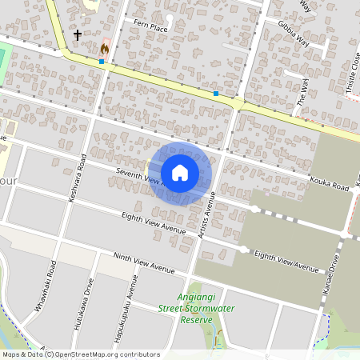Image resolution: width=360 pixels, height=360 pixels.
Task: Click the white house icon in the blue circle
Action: pos(180,173)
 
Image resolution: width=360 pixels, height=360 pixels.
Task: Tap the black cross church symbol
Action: pos(78,35)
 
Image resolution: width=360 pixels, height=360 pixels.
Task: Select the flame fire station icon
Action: pos(103,48)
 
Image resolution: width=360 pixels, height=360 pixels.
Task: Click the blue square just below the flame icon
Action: pos(102,62)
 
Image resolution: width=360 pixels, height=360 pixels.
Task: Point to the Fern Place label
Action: pos(150,26)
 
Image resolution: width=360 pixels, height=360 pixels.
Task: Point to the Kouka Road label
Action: pos(330,184)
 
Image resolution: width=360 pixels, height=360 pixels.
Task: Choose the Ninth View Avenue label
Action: pos(143,263)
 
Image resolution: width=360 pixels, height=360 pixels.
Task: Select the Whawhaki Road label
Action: pos(51,281)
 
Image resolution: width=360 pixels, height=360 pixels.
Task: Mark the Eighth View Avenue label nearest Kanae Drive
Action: pos(286,260)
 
